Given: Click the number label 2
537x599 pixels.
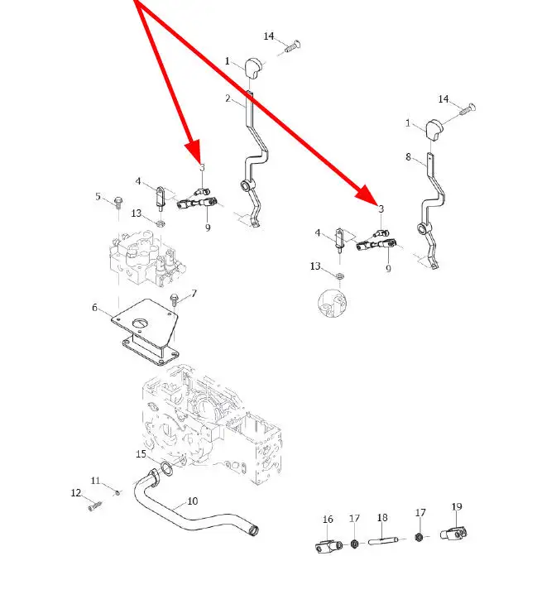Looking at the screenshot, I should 229,98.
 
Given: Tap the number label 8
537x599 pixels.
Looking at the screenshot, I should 408,156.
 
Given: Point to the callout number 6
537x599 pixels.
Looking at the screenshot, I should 96,308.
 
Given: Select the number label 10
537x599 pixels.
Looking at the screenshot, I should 193,501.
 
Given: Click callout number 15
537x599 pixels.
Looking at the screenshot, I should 141,454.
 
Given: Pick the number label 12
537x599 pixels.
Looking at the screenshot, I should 76,493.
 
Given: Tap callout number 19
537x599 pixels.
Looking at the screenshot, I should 457,506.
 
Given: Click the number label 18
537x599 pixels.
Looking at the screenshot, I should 382,518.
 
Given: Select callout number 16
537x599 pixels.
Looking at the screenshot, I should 328,520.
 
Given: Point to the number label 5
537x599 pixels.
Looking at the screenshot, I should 98,197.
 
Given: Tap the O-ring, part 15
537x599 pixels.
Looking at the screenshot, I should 166,471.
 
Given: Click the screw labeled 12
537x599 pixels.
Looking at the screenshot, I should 94,506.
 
